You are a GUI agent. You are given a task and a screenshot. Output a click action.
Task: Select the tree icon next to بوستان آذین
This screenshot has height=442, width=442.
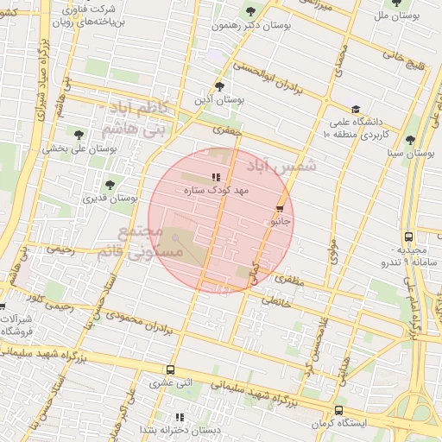pyautogui.click(x=219, y=86)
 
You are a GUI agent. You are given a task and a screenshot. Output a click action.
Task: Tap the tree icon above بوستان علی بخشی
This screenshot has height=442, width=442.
pyautogui.click(x=79, y=134)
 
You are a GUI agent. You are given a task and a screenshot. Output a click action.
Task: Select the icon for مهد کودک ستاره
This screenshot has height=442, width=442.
pyautogui.click(x=216, y=177)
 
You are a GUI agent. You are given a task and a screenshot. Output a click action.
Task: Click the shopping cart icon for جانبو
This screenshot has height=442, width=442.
pyautogui.click(x=280, y=209)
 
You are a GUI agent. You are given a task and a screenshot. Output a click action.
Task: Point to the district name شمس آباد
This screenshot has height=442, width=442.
pyautogui.click(x=281, y=164)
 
